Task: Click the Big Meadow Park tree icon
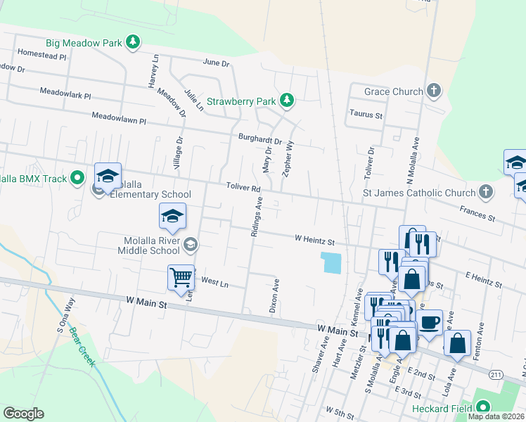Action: pyautogui.click(x=132, y=43)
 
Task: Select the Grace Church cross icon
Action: pyautogui.click(x=435, y=91)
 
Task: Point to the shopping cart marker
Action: pyautogui.click(x=181, y=277)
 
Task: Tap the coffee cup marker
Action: pyautogui.click(x=429, y=323)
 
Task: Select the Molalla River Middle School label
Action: pyautogui.click(x=153, y=245)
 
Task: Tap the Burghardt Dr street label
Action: pyautogui.click(x=259, y=141)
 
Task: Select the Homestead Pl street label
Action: pyautogui.click(x=41, y=54)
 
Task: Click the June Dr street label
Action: pyautogui.click(x=216, y=63)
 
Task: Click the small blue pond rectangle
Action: pyautogui.click(x=331, y=263)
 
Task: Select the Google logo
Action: pyautogui.click(x=23, y=414)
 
